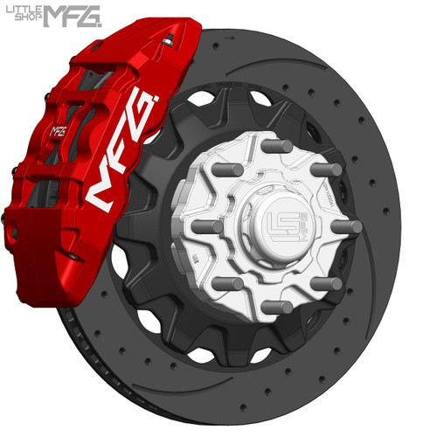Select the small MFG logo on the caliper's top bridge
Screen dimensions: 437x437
point(59,131)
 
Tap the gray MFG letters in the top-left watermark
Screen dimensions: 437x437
point(75,14)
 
